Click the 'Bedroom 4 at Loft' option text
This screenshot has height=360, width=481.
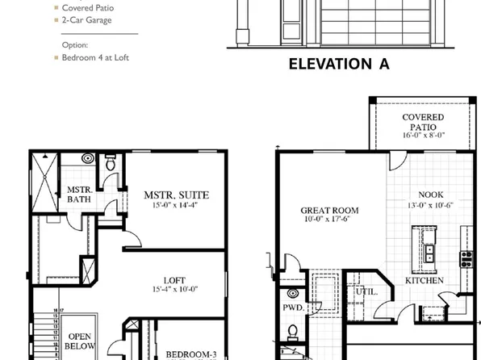pyautogui.click(x=95, y=57)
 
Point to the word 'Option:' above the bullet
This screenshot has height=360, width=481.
pyautogui.click(x=75, y=45)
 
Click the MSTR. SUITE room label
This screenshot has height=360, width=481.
pyautogui.click(x=176, y=195)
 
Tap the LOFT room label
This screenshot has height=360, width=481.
pyautogui.click(x=174, y=280)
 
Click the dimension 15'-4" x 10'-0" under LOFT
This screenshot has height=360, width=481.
pyautogui.click(x=174, y=290)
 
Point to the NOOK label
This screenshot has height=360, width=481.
pyautogui.click(x=430, y=195)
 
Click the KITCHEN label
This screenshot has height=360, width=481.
pyautogui.click(x=425, y=280)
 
